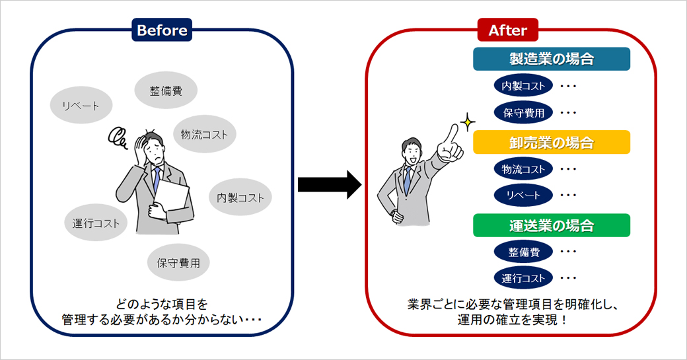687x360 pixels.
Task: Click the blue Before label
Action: (x=162, y=30)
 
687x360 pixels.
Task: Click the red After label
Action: (x=507, y=30)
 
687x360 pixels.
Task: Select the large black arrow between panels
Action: (x=329, y=184)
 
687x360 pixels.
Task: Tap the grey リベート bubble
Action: (x=81, y=106)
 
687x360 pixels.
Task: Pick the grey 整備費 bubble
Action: (x=166, y=90)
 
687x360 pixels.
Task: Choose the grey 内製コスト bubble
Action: (x=240, y=198)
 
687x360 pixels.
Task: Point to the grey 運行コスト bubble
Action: (x=96, y=223)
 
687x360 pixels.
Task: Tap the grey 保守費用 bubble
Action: (x=178, y=263)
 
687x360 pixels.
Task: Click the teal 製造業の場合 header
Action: (x=551, y=59)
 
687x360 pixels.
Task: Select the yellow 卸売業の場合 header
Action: (x=551, y=142)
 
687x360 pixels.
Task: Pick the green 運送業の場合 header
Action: (x=551, y=225)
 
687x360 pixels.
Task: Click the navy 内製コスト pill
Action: (x=523, y=86)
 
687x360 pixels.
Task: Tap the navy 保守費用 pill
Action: (x=523, y=113)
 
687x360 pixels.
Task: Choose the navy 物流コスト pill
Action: (x=523, y=169)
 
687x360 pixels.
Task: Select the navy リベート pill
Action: (x=523, y=196)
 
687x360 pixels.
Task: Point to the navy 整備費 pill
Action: (x=523, y=252)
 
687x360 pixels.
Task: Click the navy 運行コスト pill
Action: (x=523, y=278)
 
